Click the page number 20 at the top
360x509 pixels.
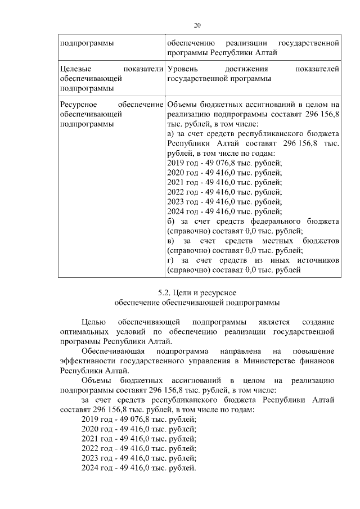coord(197,25)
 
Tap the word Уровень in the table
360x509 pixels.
coord(183,69)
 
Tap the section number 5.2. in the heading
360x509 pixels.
coord(165,293)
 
